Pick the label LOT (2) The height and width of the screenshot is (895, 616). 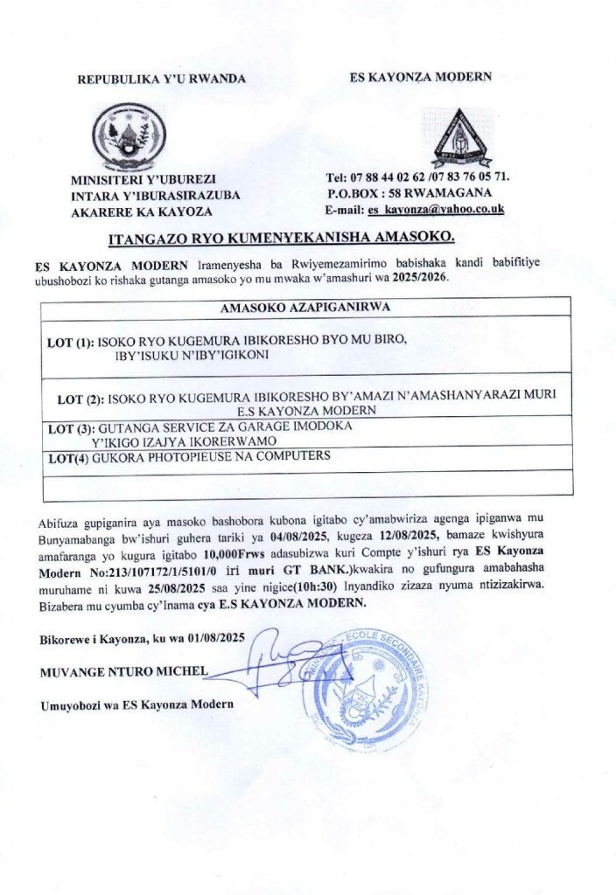coord(80,399)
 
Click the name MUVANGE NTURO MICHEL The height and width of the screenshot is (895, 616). coord(122,671)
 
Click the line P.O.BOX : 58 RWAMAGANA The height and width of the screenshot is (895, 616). coord(409,193)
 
